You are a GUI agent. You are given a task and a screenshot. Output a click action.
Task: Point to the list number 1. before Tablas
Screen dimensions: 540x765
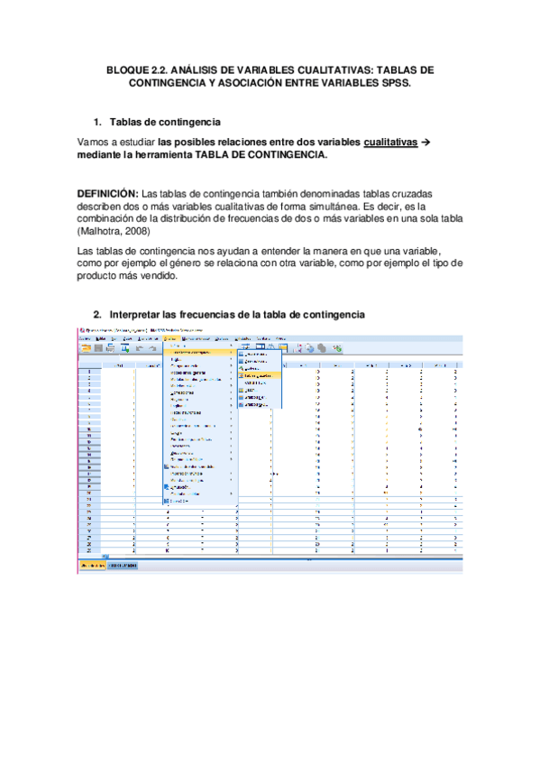98,122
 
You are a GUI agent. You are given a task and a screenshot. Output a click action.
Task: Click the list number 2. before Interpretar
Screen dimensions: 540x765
98,314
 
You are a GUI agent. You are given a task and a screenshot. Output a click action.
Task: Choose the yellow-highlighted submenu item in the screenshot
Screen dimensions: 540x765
258,374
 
